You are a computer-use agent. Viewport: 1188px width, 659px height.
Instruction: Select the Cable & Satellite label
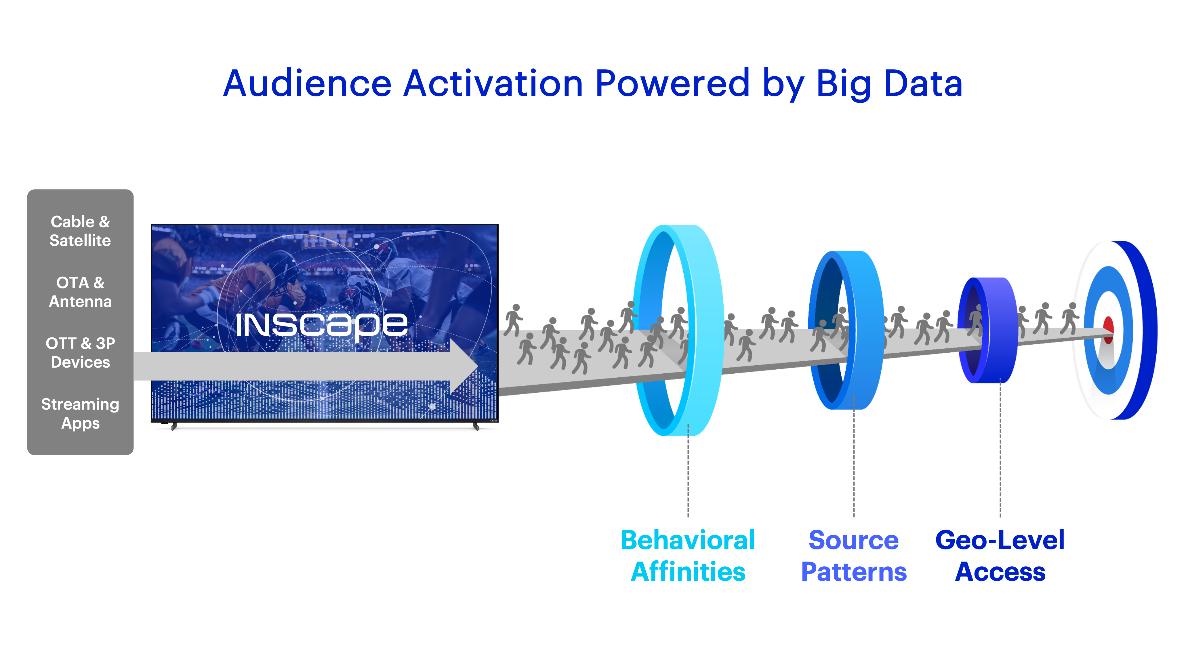tap(80, 231)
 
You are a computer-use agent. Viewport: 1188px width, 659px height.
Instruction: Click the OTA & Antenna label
tap(80, 292)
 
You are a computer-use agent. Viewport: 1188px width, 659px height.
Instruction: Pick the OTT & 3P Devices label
tap(80, 353)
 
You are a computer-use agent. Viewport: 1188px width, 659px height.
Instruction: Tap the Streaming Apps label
tap(80, 414)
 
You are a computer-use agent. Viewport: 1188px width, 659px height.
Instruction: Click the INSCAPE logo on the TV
tap(321, 325)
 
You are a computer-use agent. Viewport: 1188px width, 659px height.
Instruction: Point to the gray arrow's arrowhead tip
tap(478, 366)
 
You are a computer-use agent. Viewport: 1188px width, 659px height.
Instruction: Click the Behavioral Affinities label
tap(688, 556)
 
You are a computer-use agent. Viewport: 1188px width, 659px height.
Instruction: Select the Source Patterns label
tap(854, 556)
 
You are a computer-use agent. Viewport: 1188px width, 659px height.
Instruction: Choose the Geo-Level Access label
tap(1000, 556)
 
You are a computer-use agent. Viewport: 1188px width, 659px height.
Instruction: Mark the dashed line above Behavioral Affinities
tap(688, 470)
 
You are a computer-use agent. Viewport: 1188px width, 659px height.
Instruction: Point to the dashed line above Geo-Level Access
tap(1000, 448)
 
